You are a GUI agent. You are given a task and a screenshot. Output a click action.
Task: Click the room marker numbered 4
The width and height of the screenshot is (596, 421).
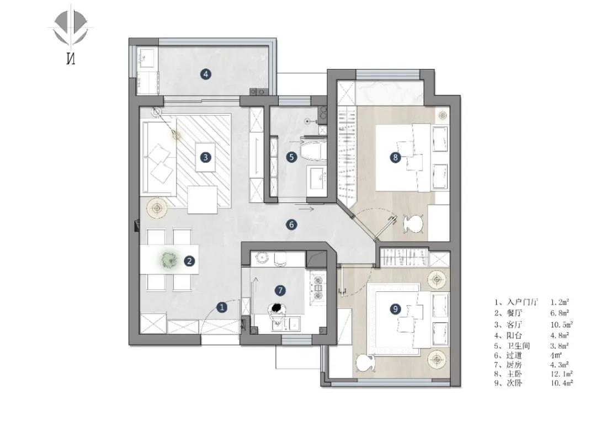pyautogui.click(x=206, y=74)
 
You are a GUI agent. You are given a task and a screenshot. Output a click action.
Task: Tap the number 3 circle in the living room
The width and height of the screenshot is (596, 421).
pyautogui.click(x=206, y=157)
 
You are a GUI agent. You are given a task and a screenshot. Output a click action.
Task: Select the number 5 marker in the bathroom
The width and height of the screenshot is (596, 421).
pyautogui.click(x=291, y=157)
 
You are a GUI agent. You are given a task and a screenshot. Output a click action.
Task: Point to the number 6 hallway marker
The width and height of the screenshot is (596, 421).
pyautogui.click(x=291, y=225)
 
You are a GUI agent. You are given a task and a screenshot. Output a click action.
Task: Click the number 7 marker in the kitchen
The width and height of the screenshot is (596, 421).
pyautogui.click(x=280, y=291)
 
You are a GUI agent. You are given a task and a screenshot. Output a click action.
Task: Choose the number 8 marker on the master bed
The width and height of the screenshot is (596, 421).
pyautogui.click(x=395, y=157)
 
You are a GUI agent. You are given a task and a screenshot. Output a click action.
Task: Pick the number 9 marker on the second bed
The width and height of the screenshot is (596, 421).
pyautogui.click(x=395, y=309)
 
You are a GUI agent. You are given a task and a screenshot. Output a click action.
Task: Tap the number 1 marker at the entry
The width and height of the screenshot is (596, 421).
pyautogui.click(x=222, y=307)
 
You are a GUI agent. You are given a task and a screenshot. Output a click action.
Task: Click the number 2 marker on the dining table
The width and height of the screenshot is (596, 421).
pyautogui.click(x=189, y=261)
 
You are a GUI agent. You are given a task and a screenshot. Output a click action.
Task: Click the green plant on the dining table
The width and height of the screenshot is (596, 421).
pyautogui.click(x=169, y=260)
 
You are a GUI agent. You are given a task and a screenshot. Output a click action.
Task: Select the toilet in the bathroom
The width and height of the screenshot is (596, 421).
pyautogui.click(x=313, y=150)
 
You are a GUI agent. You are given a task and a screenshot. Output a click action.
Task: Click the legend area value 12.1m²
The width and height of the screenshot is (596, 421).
pyautogui.click(x=562, y=374)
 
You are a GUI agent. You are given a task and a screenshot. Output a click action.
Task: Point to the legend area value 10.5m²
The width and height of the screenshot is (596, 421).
pyautogui.click(x=562, y=324)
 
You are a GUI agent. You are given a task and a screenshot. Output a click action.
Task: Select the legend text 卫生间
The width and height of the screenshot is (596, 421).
pyautogui.click(x=518, y=346)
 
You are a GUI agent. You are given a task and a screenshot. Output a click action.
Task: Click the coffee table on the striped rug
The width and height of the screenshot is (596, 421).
pyautogui.click(x=206, y=157)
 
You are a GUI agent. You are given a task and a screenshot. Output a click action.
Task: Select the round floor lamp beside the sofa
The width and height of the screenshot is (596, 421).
pyautogui.click(x=157, y=208)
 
